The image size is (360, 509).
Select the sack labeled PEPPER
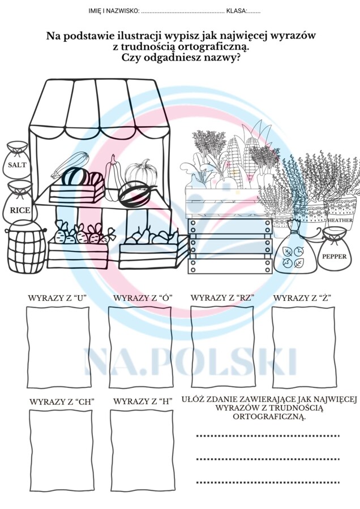(334, 254)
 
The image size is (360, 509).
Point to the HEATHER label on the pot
(340, 220)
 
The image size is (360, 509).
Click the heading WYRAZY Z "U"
(57, 297)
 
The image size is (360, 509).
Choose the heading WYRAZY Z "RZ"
(222, 297)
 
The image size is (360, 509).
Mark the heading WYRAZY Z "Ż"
(303, 297)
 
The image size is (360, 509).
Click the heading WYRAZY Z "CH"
(62, 402)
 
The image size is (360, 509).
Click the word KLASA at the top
(236, 11)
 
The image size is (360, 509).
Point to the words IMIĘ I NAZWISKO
(113, 11)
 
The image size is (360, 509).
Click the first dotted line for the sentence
(267, 435)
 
